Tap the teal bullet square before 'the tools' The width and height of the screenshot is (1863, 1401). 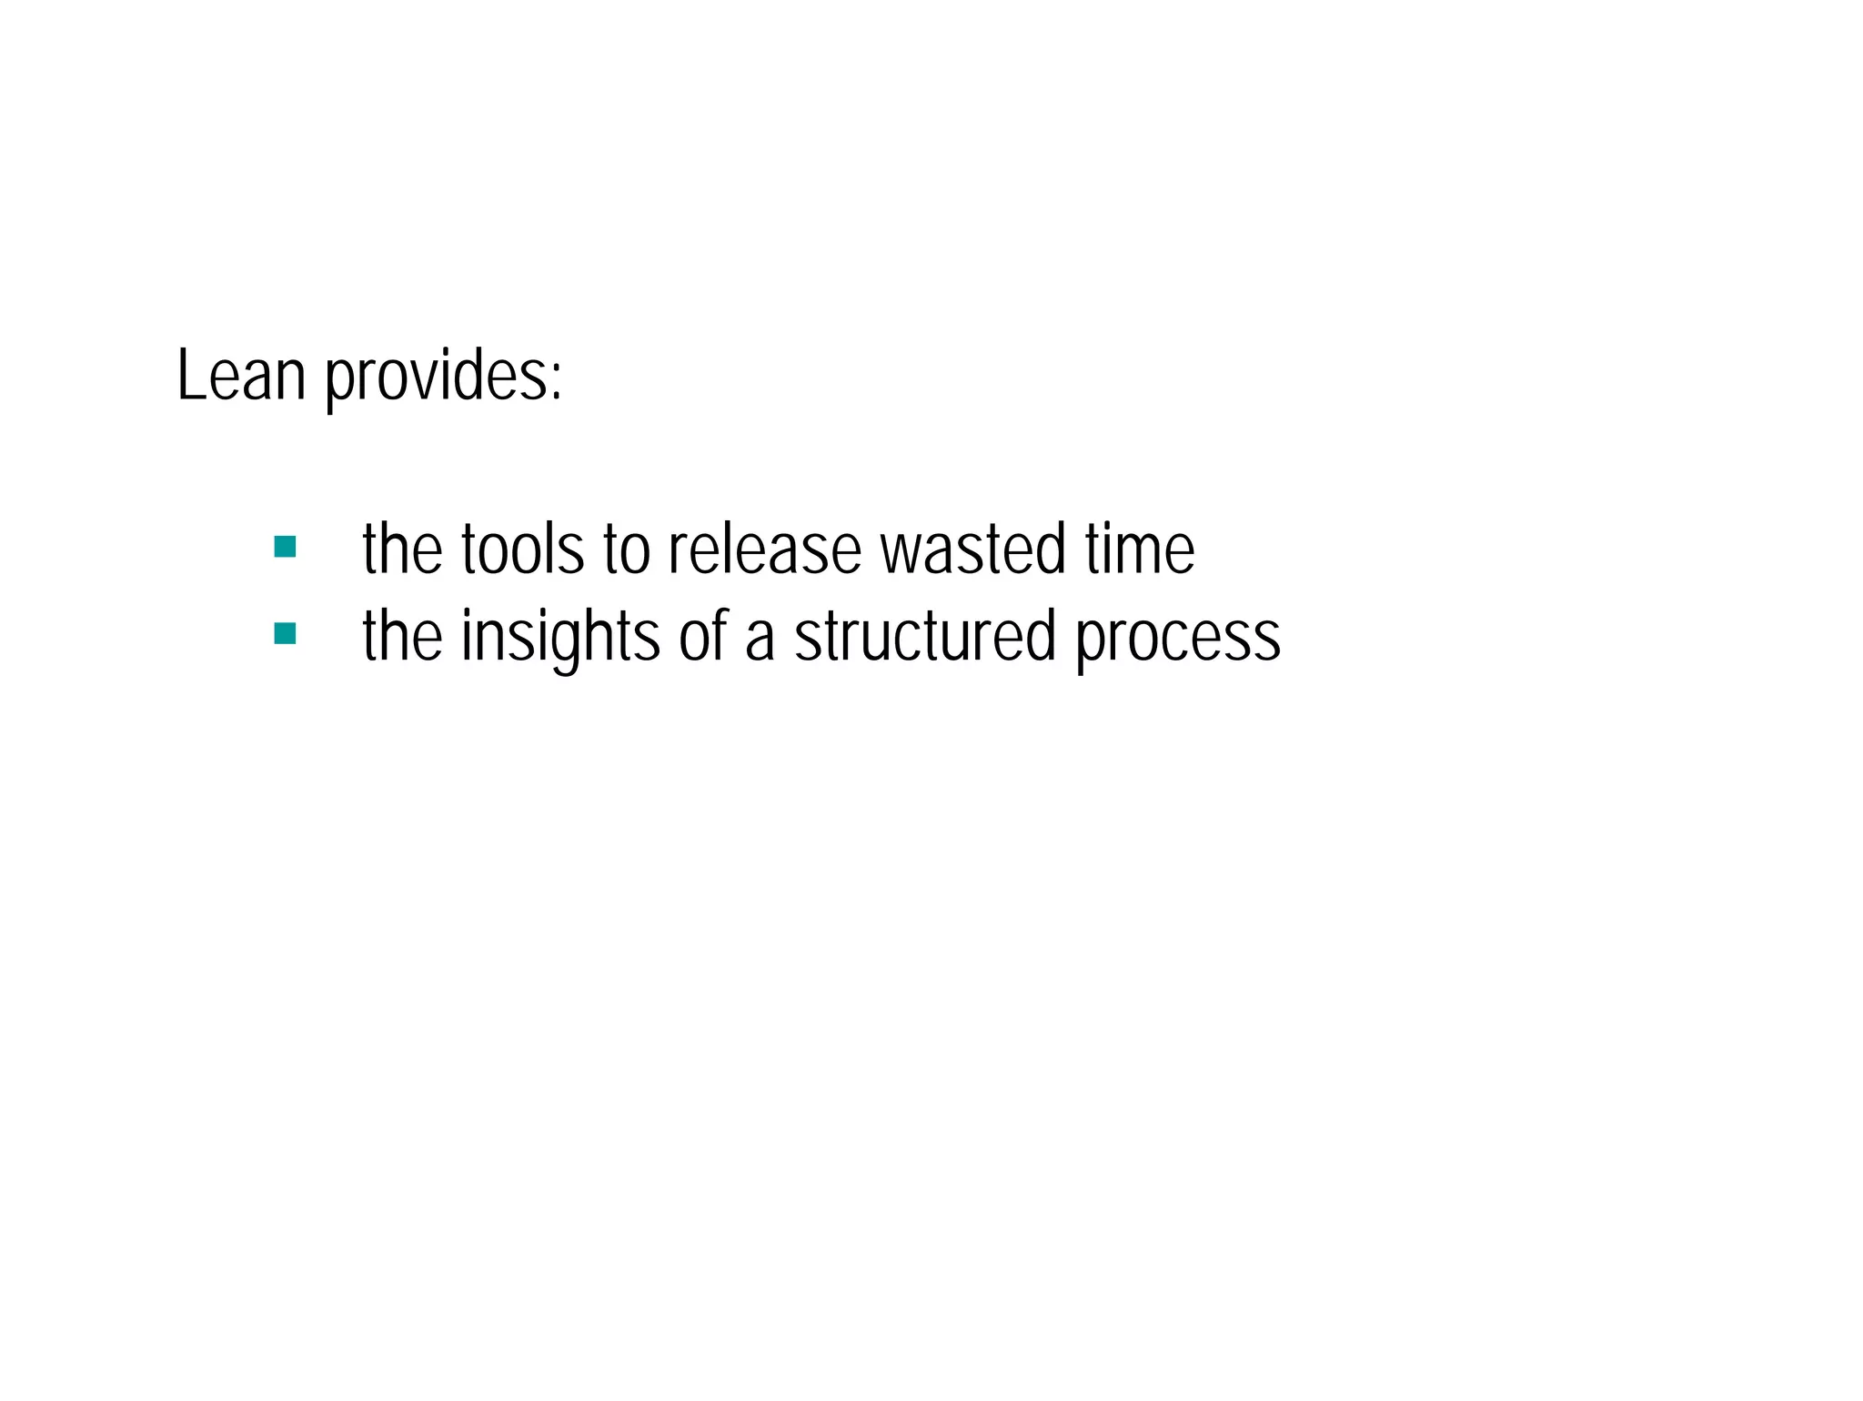tap(285, 547)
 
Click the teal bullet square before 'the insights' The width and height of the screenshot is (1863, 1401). tap(285, 633)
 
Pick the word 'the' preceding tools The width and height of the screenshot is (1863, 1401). tap(402, 549)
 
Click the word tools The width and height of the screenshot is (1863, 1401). tap(522, 549)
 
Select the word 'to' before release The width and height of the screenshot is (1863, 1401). tap(627, 549)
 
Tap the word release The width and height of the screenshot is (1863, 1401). tap(764, 549)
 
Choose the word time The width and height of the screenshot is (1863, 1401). tap(1139, 549)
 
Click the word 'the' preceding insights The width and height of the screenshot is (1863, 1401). tap(402, 635)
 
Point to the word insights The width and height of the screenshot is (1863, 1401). tap(560, 635)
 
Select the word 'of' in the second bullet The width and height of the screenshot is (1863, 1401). tap(704, 635)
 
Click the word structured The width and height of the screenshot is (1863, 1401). tap(925, 635)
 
